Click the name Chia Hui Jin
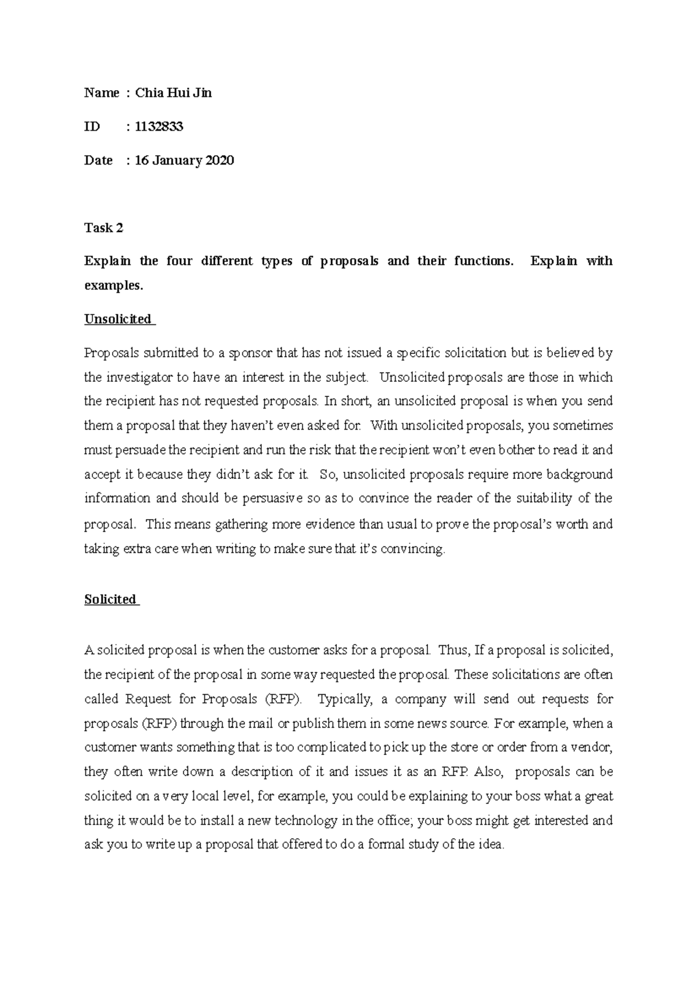173,93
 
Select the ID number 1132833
159,127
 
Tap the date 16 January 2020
184,160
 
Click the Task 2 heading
103,228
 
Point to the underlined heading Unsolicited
117,319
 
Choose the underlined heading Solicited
110,599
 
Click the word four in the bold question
179,261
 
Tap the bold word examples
113,285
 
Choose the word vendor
592,748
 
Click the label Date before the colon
98,160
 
